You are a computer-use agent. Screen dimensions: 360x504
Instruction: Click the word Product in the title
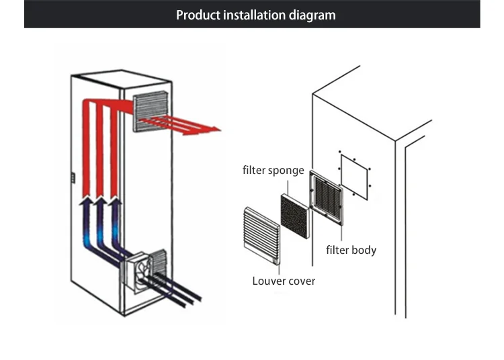[197, 14]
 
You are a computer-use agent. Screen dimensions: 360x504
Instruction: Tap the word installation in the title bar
[255, 14]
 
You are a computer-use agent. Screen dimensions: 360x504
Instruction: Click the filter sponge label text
[273, 171]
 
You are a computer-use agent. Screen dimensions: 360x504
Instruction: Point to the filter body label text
[351, 251]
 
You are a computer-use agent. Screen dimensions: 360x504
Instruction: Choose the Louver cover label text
[284, 281]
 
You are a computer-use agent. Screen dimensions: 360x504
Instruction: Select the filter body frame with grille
[329, 199]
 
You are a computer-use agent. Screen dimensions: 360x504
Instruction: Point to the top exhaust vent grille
[154, 113]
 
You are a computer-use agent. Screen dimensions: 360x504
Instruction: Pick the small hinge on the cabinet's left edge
[73, 178]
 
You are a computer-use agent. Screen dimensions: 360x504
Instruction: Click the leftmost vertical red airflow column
[84, 148]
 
